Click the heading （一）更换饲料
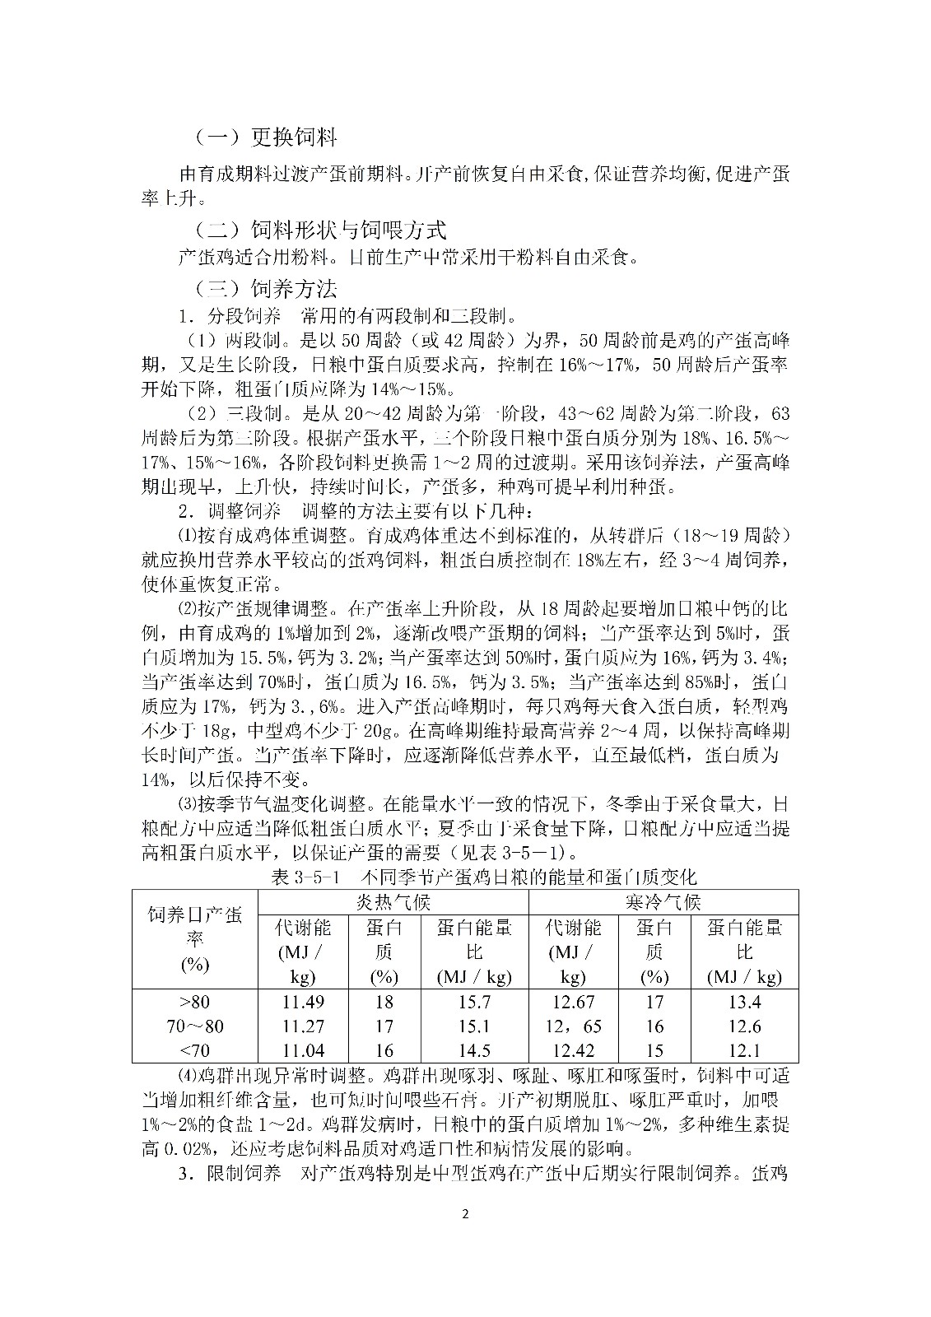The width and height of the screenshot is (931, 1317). point(266,137)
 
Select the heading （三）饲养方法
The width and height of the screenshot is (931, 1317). point(266,289)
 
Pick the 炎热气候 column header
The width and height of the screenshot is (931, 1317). point(393,902)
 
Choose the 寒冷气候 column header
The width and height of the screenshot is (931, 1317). point(663,902)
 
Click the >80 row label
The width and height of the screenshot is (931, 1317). point(194,1002)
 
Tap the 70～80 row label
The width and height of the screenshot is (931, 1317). point(194,1026)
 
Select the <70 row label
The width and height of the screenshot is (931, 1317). point(194,1050)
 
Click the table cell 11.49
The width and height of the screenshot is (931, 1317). point(303,1002)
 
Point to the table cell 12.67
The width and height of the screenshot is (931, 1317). point(573,1002)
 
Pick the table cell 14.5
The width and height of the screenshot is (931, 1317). point(473,1050)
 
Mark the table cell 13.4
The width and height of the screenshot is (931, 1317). point(744,1002)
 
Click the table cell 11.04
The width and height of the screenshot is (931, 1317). point(303,1050)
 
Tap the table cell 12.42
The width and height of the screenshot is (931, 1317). point(573,1050)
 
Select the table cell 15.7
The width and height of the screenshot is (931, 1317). point(473,1002)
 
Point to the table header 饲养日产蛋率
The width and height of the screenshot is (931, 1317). point(194,939)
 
